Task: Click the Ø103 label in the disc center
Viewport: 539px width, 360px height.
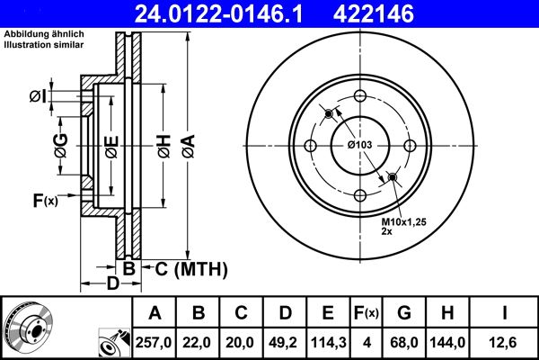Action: pyautogui.click(x=360, y=146)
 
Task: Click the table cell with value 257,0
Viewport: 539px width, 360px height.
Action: pyautogui.click(x=155, y=342)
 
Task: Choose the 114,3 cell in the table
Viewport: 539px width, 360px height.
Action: pyautogui.click(x=328, y=342)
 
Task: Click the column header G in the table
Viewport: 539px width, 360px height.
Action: pyautogui.click(x=404, y=313)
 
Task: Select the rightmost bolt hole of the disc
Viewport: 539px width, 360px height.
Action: pyautogui.click(x=409, y=147)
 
